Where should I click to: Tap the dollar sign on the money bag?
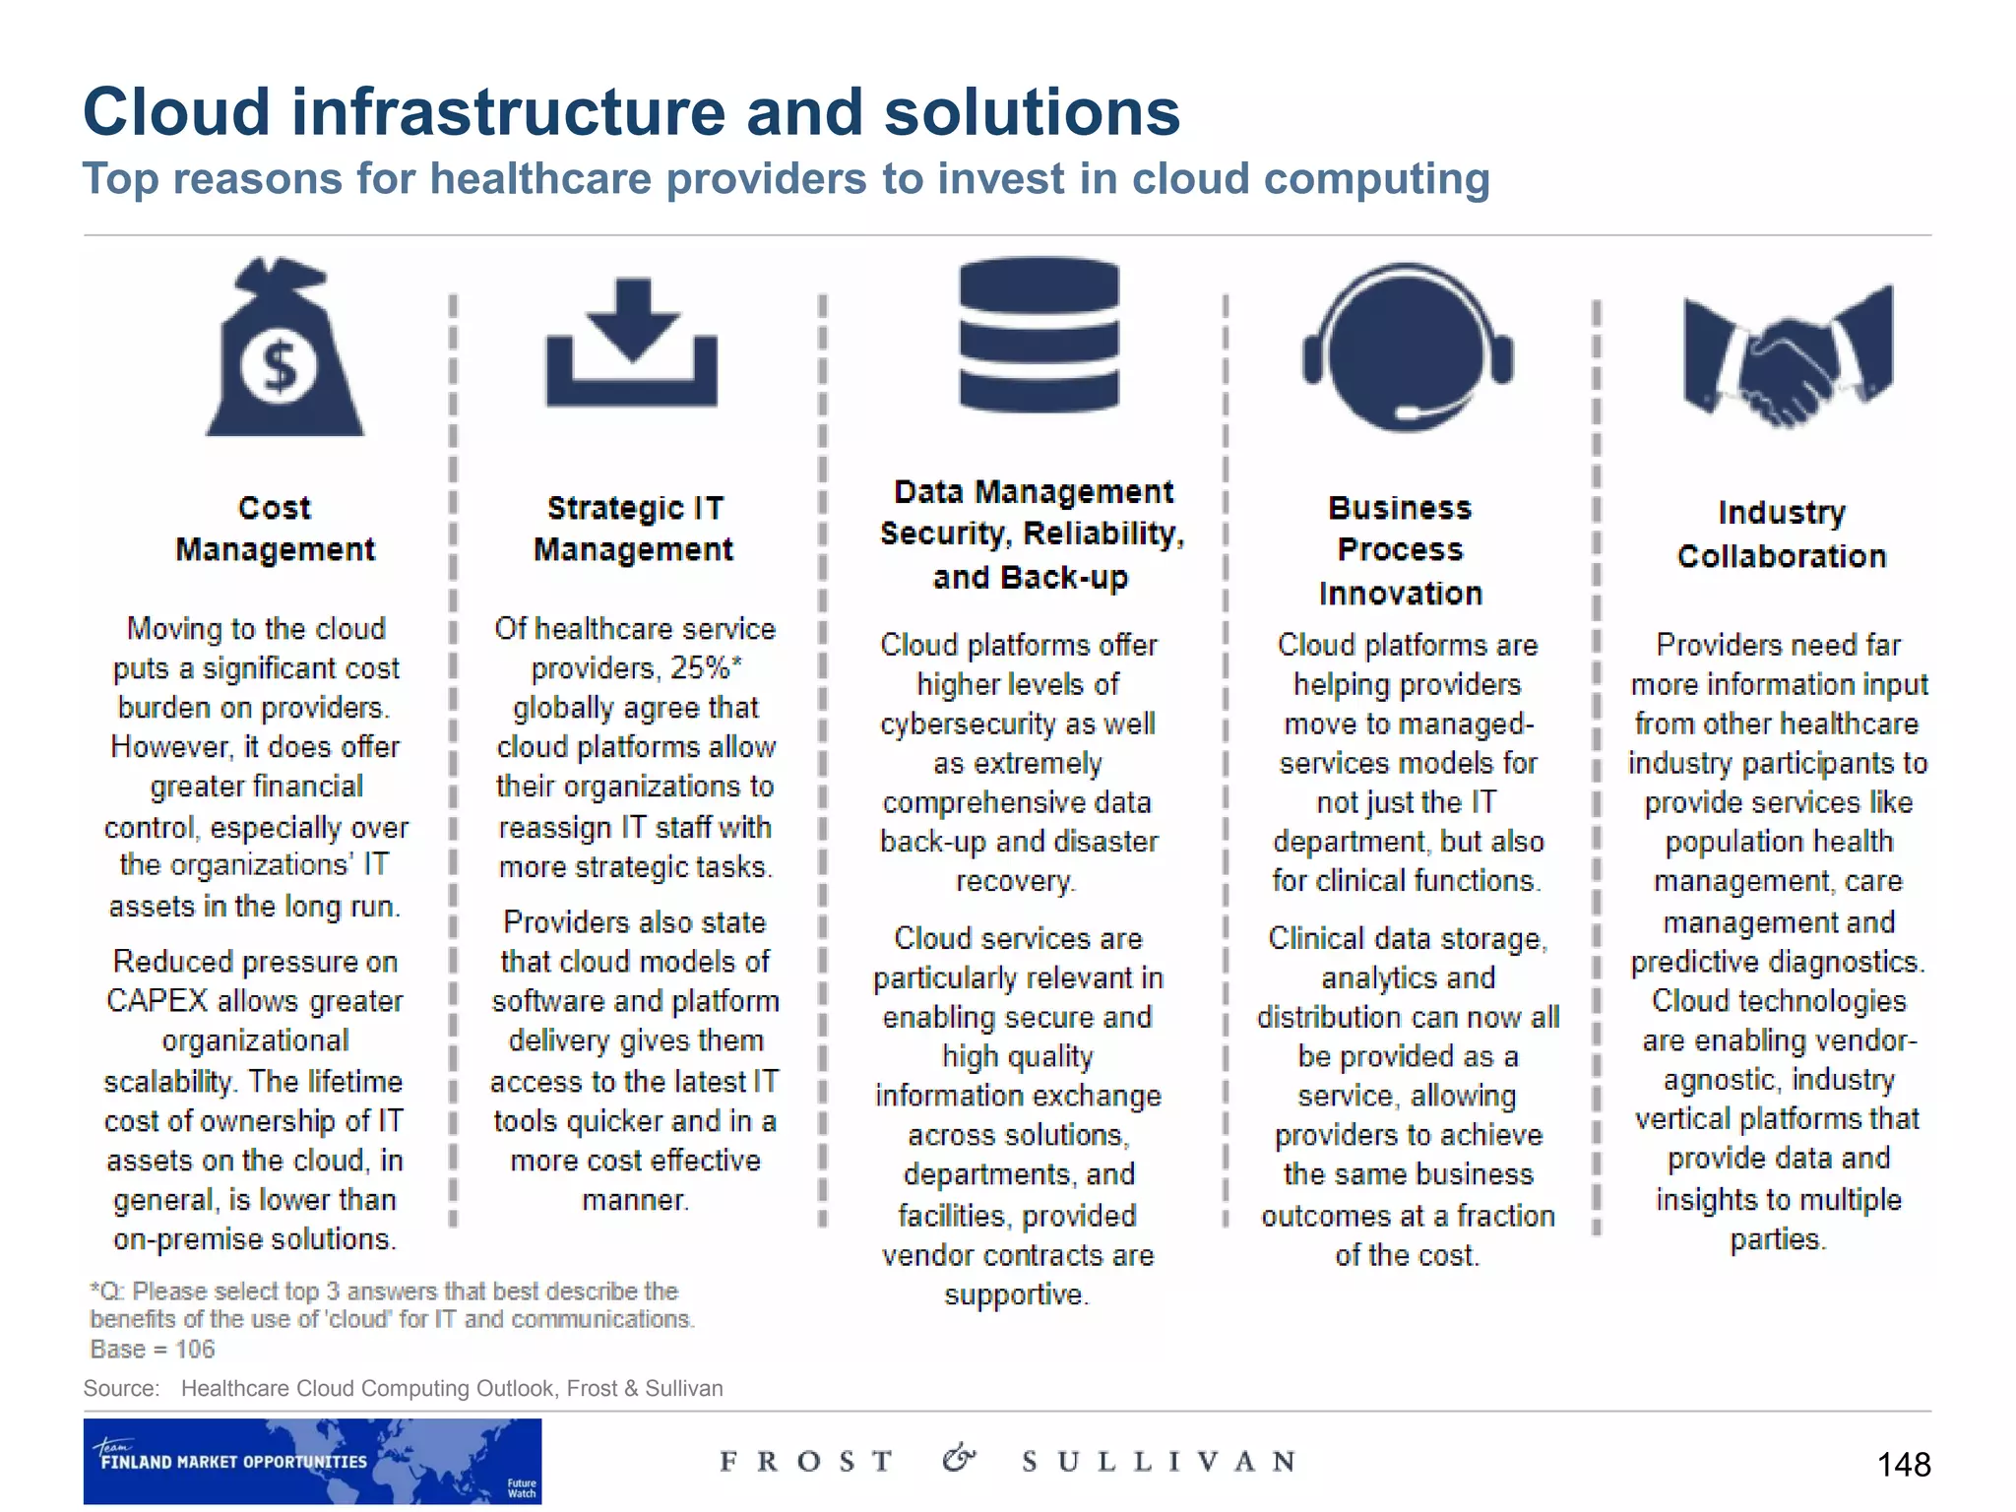pos(281,367)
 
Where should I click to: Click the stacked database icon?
pos(1039,335)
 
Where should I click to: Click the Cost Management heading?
pos(275,529)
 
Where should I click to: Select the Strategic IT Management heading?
pos(634,529)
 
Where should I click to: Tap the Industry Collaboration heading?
pos(1782,535)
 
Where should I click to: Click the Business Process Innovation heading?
pos(1400,550)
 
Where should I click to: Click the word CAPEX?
pos(157,1001)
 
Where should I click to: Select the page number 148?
pos(1903,1465)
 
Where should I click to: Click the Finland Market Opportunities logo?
pos(312,1461)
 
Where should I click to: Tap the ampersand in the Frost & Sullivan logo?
pos(958,1459)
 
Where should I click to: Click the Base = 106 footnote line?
pos(153,1350)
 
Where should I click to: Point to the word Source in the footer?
pos(121,1389)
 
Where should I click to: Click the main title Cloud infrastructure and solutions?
pos(631,111)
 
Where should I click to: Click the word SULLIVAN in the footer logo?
pos(1159,1462)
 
